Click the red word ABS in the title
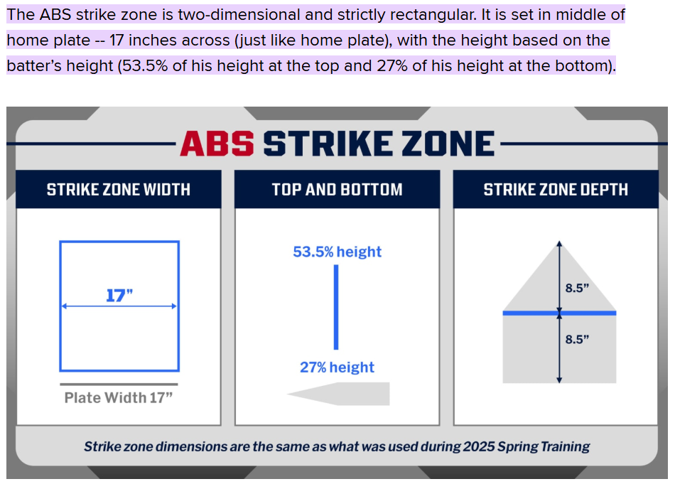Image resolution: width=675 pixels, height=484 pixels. pyautogui.click(x=217, y=144)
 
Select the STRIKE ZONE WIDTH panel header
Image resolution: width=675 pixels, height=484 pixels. pyautogui.click(x=119, y=190)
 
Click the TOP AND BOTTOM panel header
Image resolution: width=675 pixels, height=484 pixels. pyautogui.click(x=337, y=190)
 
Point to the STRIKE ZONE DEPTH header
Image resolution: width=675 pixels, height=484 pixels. pyautogui.click(x=556, y=190)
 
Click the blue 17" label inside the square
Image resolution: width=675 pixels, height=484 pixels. pyautogui.click(x=119, y=296)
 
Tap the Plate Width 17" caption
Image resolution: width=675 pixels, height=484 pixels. pyautogui.click(x=119, y=397)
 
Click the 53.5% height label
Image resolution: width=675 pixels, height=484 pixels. pyautogui.click(x=337, y=252)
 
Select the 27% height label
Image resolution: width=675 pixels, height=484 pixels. pyautogui.click(x=337, y=367)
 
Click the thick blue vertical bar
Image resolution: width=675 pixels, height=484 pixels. pyautogui.click(x=336, y=307)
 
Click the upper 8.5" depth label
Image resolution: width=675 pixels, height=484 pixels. pyautogui.click(x=577, y=288)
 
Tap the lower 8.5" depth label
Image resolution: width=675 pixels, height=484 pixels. pyautogui.click(x=577, y=339)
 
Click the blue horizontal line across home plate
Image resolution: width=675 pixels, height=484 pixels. pyautogui.click(x=559, y=313)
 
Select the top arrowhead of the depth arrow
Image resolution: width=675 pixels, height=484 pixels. pyautogui.click(x=559, y=243)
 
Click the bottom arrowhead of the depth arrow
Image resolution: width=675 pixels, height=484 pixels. pyautogui.click(x=559, y=380)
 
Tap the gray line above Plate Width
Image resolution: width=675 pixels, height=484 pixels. pyautogui.click(x=119, y=384)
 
